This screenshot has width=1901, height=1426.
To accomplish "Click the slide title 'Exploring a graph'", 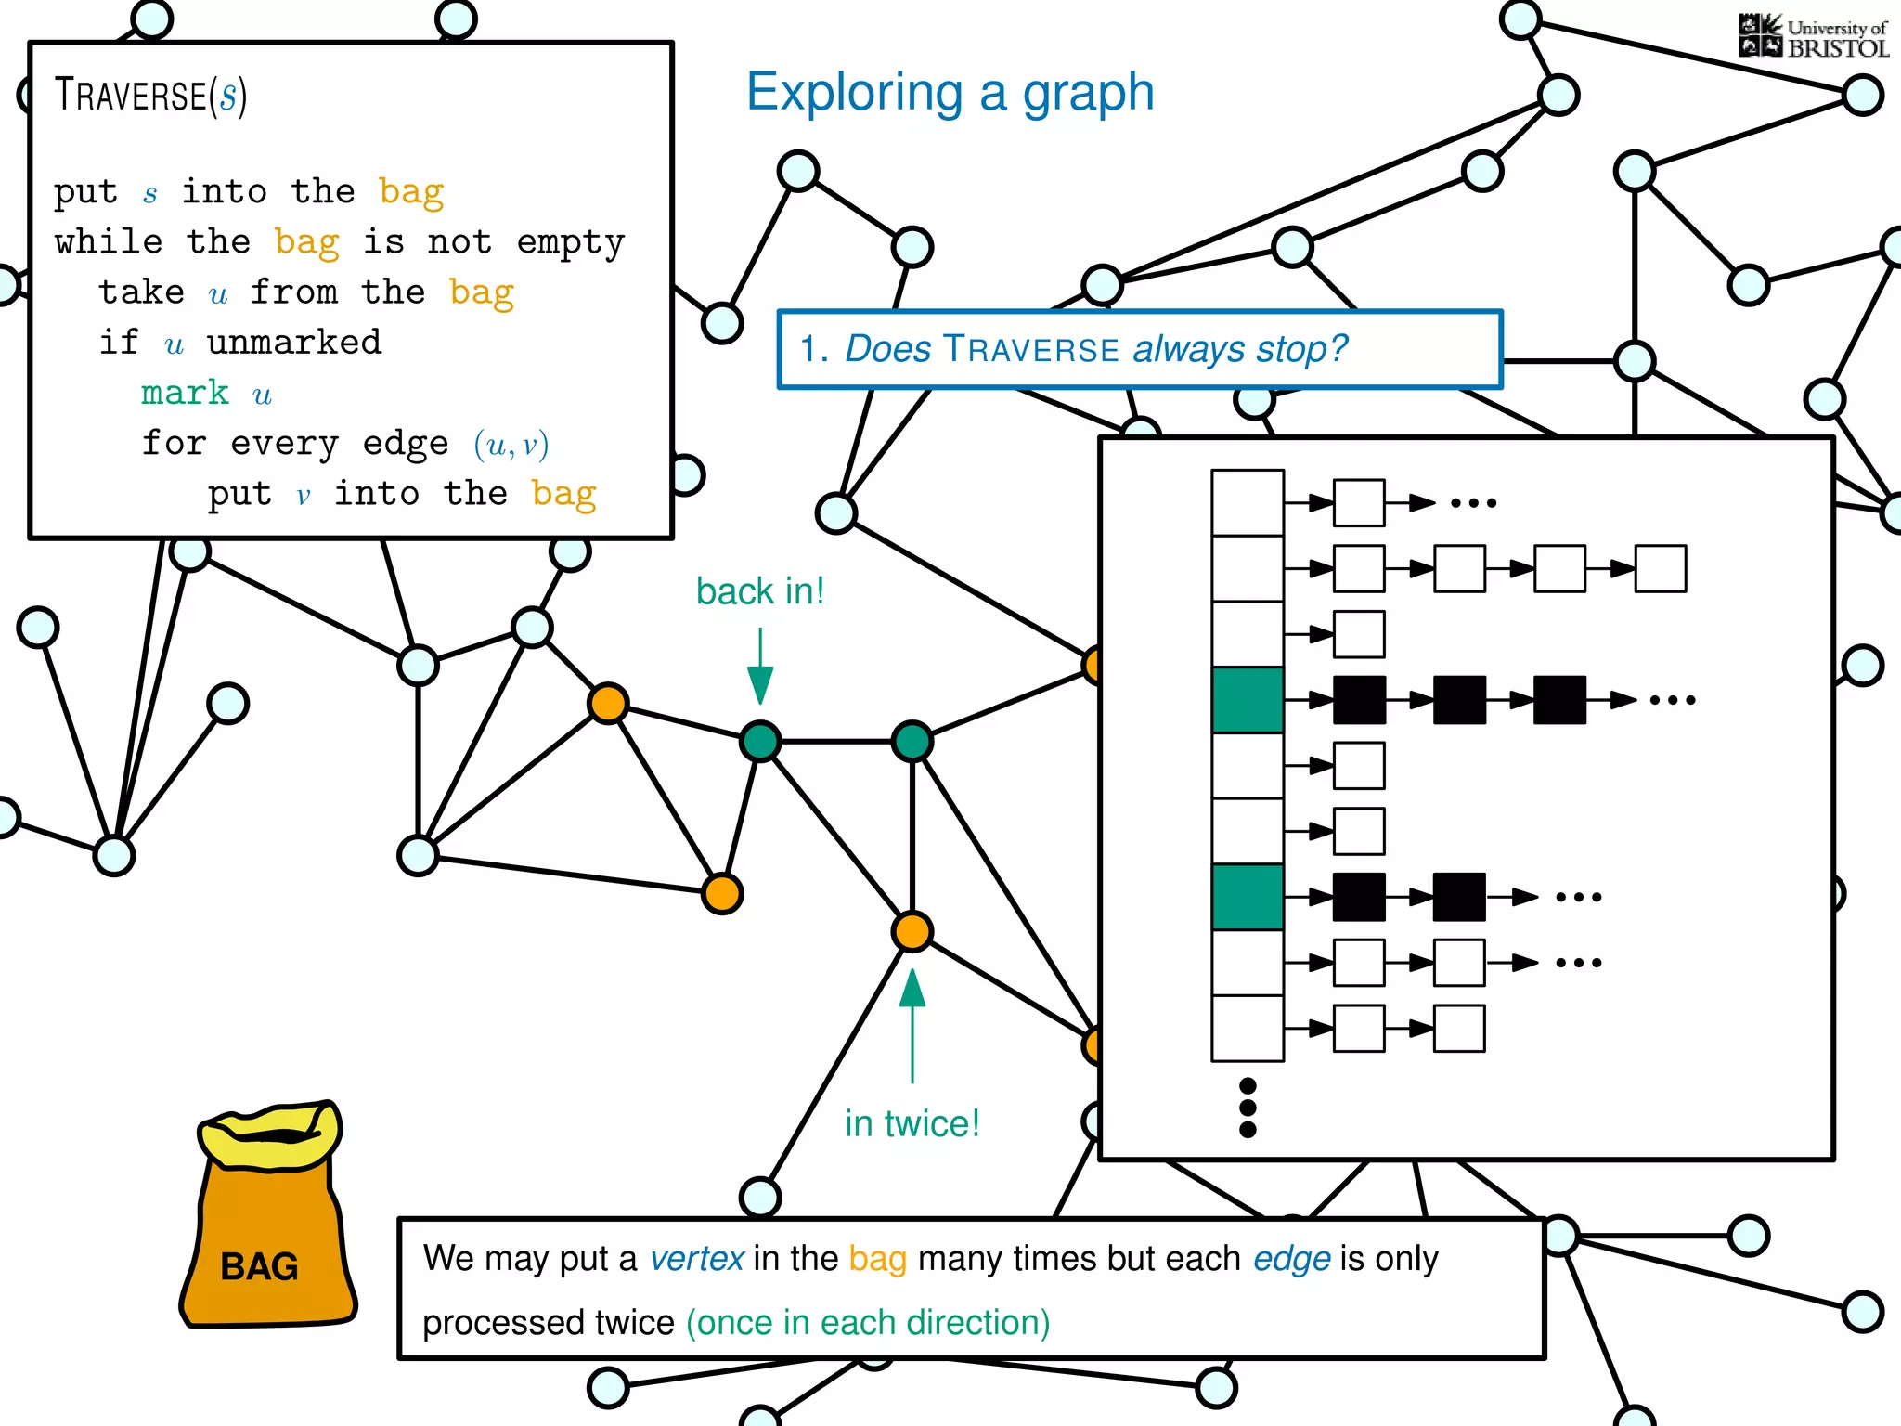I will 950,93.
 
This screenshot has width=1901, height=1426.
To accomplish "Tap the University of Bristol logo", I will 1812,37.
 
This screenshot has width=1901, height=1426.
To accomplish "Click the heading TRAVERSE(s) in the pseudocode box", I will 150,96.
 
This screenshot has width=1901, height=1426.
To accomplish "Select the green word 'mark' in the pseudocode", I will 185,393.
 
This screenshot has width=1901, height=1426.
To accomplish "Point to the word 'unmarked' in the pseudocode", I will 293,343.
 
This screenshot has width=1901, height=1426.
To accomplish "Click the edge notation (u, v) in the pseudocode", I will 511,444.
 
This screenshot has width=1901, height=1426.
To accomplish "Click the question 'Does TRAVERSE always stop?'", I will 1095,349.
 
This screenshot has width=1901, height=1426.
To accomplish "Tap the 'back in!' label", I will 760,591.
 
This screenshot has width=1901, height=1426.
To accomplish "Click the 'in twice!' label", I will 912,1123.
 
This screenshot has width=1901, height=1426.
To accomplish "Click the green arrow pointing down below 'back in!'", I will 760,668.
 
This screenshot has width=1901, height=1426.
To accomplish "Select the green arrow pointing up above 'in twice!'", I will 912,1021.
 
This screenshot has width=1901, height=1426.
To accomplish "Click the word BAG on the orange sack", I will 259,1266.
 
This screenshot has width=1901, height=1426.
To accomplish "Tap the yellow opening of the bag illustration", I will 270,1134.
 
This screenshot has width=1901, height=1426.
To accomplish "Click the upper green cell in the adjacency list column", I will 1248,700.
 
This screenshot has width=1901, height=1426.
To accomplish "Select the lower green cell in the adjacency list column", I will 1248,897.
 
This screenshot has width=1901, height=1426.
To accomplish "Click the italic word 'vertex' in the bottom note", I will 696,1259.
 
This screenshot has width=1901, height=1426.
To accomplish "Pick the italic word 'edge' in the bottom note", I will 1292,1259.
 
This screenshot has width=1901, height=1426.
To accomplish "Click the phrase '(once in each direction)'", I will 868,1322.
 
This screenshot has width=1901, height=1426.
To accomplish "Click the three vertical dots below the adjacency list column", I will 1248,1108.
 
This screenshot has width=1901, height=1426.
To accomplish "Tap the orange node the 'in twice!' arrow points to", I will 912,931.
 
